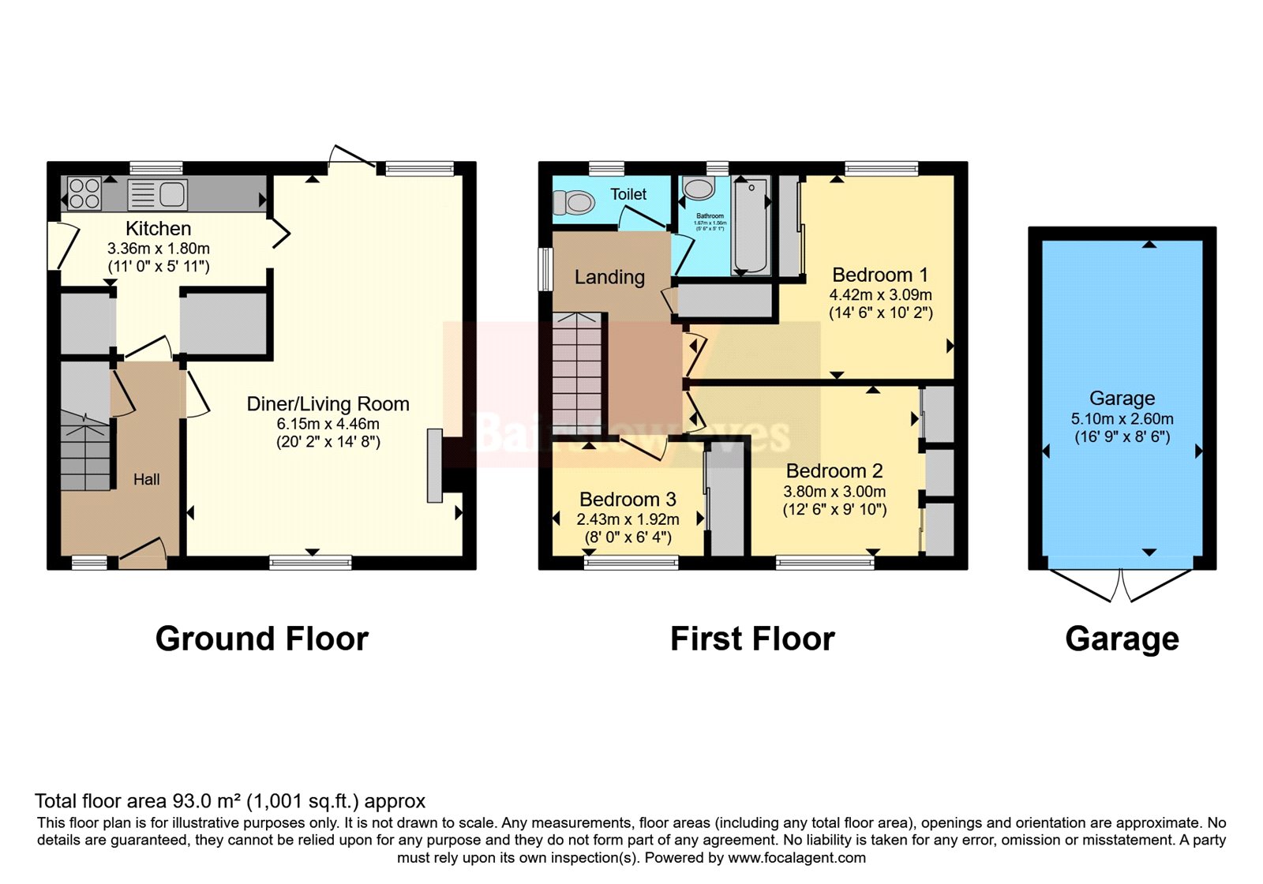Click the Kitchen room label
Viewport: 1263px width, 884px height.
(x=158, y=229)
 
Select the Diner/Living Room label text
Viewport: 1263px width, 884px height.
(x=328, y=404)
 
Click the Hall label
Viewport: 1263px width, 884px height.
(x=146, y=479)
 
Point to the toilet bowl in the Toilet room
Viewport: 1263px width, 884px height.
(x=574, y=203)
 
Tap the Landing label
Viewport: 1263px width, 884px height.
(x=609, y=277)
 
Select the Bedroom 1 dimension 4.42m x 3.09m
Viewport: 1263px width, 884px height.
(x=880, y=295)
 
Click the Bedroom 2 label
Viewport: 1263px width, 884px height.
(x=834, y=471)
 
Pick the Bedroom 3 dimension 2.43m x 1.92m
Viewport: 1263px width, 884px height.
(x=628, y=519)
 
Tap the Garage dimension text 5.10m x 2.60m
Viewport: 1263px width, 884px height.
(x=1122, y=419)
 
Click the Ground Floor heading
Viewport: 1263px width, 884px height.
(x=261, y=639)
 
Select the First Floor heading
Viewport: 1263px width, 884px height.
(x=751, y=639)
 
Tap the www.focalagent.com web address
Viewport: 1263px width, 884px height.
(x=796, y=858)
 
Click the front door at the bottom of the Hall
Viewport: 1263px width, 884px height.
(x=144, y=552)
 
